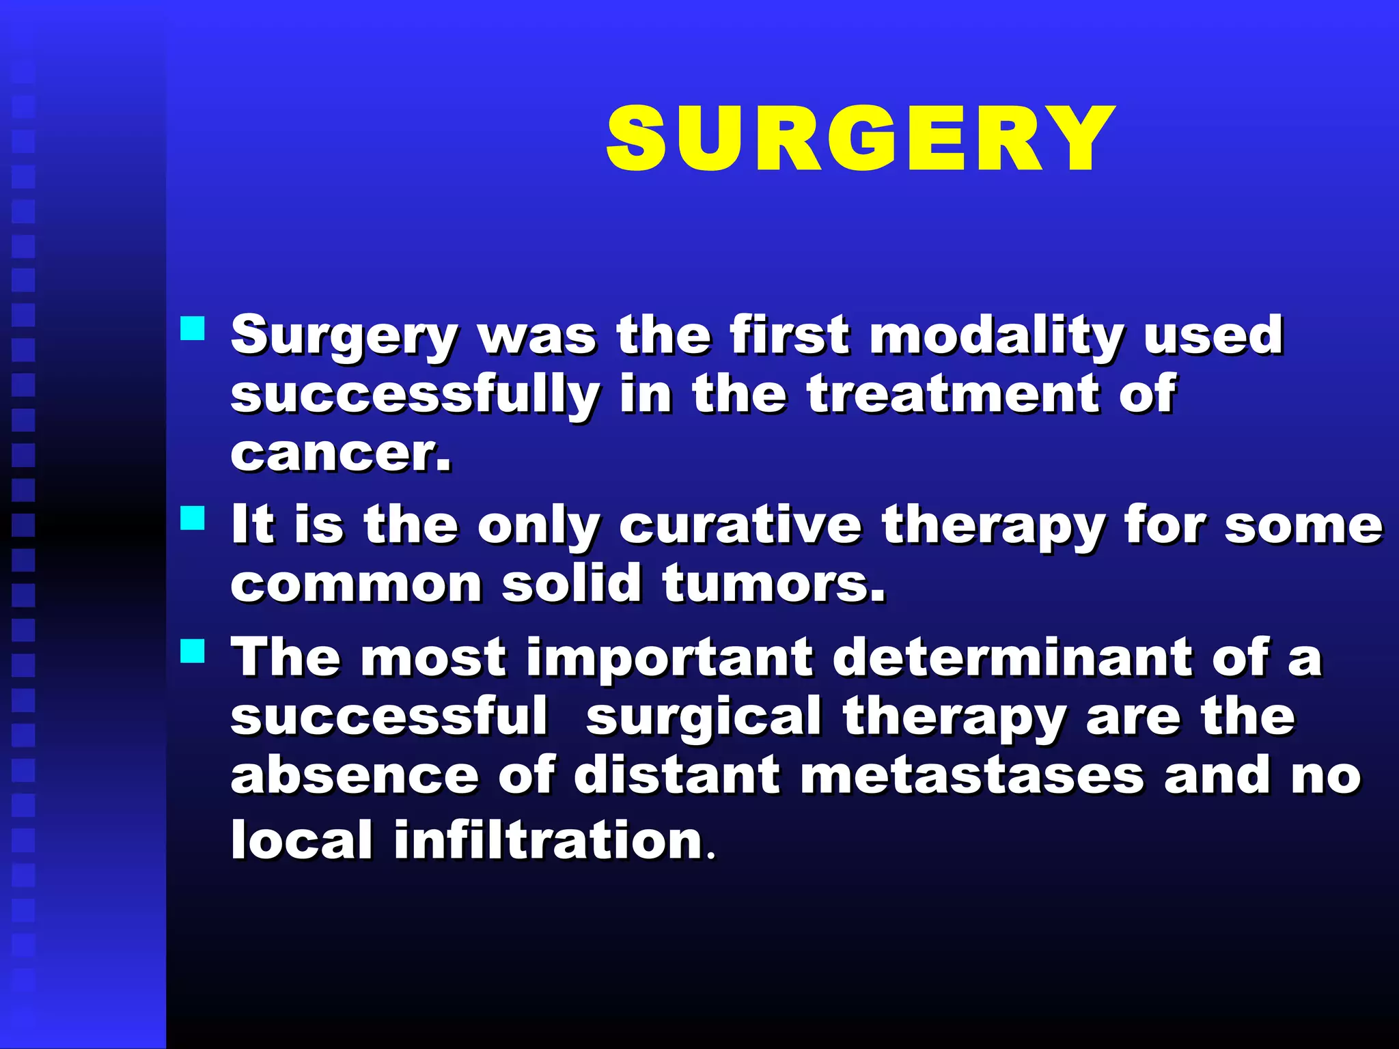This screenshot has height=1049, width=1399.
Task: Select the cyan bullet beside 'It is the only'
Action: pos(193,518)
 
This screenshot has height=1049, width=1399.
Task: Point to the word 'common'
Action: pos(356,584)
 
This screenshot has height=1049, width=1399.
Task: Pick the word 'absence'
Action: pos(355,776)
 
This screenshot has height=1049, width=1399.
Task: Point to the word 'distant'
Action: pos(676,776)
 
